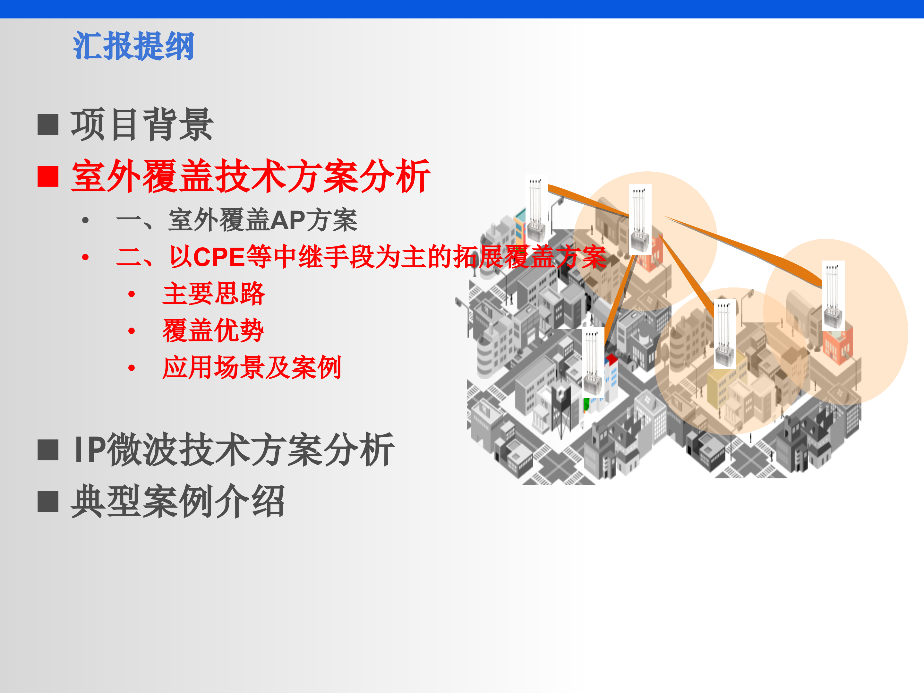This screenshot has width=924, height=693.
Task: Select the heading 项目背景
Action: [x=142, y=124]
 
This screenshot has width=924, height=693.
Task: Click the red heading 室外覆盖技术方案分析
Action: [x=251, y=176]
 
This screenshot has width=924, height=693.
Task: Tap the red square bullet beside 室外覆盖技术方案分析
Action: [x=48, y=176]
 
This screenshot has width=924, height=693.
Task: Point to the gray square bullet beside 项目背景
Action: [x=48, y=124]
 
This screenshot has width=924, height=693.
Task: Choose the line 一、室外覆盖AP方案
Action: [x=237, y=220]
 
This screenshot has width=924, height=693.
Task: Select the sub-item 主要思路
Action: [x=213, y=294]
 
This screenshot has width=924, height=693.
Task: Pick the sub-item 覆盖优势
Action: [x=213, y=330]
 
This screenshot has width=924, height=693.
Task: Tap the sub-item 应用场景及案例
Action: [x=252, y=368]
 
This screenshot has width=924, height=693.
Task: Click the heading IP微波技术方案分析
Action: [x=234, y=450]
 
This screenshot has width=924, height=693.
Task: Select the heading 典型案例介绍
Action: [x=177, y=501]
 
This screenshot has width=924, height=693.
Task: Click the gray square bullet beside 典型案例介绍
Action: [x=48, y=501]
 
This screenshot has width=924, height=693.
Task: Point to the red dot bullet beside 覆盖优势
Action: [x=132, y=331]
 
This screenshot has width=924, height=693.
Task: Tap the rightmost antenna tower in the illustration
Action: [x=833, y=295]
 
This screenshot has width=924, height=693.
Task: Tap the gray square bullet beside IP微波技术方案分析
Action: [x=48, y=450]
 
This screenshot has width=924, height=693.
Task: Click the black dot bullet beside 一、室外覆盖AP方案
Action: [x=86, y=220]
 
